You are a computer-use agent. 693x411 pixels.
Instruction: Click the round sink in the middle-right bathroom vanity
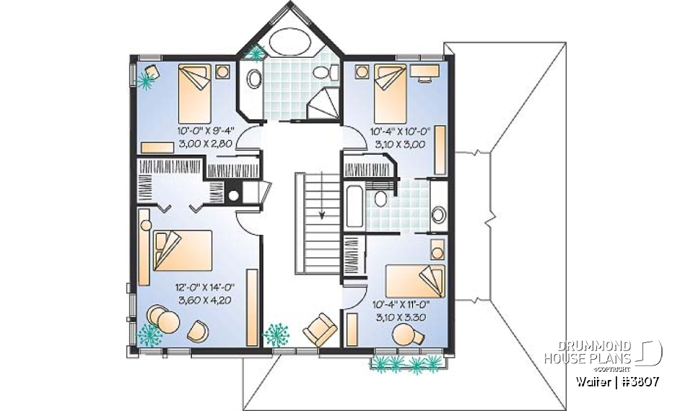[438, 215]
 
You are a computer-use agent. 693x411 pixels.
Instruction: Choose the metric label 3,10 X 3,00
[400, 144]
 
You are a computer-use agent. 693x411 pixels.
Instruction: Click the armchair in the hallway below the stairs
[319, 330]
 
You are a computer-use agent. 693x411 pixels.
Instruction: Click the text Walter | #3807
[616, 381]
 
